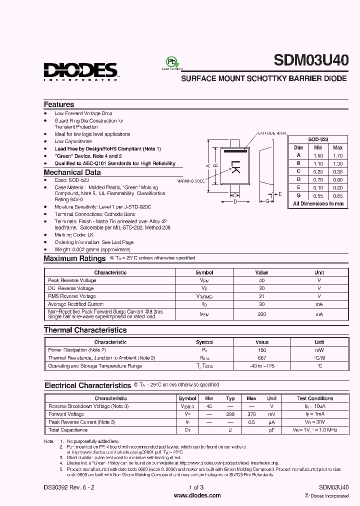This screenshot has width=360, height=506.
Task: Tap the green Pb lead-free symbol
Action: (x=171, y=61)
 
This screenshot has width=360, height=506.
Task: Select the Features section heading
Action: (x=59, y=104)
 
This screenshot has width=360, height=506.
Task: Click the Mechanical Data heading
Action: (x=72, y=172)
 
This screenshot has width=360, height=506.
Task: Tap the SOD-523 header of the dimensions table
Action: (x=318, y=140)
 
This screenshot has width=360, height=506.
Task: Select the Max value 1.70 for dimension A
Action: (x=337, y=155)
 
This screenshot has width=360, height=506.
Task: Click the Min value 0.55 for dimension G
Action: (x=318, y=195)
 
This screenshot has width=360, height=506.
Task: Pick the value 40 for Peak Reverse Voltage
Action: (x=261, y=280)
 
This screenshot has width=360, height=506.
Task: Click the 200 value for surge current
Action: (x=261, y=314)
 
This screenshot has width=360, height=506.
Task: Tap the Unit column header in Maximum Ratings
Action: (x=319, y=272)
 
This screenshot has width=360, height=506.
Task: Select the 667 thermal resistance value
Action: (x=261, y=358)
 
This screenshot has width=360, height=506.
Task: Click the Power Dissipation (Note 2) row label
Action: (x=77, y=350)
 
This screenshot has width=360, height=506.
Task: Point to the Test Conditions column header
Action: (x=314, y=398)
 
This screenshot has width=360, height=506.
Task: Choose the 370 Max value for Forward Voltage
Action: (x=251, y=414)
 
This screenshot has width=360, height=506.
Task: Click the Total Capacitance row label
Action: (x=67, y=430)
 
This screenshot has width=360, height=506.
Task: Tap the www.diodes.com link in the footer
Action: (x=197, y=495)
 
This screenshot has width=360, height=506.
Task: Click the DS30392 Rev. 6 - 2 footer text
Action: (x=72, y=487)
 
